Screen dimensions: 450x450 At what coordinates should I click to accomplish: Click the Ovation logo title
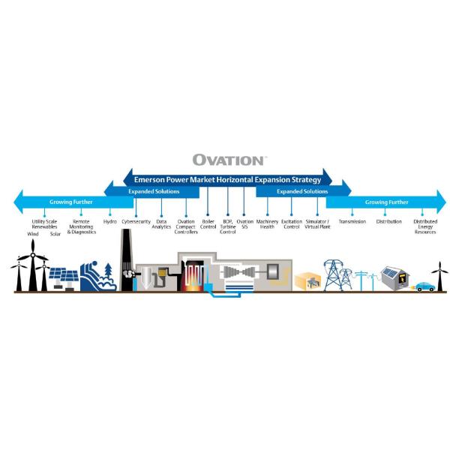click(228, 160)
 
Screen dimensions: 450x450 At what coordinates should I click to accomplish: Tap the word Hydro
click(110, 222)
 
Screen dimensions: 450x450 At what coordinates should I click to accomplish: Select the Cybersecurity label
click(136, 222)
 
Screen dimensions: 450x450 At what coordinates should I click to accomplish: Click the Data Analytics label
click(162, 224)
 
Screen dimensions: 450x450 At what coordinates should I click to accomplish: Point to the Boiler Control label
click(208, 224)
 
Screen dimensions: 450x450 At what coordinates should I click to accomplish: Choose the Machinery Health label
click(267, 224)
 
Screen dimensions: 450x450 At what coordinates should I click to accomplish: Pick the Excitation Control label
click(292, 224)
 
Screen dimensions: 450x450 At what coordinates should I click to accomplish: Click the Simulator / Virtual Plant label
click(317, 224)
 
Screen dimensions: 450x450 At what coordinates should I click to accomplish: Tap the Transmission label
click(352, 222)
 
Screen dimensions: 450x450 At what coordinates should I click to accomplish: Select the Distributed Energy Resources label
click(425, 226)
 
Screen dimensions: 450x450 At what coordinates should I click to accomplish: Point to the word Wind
click(33, 234)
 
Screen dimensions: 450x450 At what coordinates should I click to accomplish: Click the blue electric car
click(423, 286)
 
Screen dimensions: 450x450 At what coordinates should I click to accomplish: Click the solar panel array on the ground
click(64, 280)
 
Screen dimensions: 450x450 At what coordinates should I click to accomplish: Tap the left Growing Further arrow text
click(71, 202)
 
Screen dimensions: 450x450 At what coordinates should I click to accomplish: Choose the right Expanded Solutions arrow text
click(301, 192)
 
